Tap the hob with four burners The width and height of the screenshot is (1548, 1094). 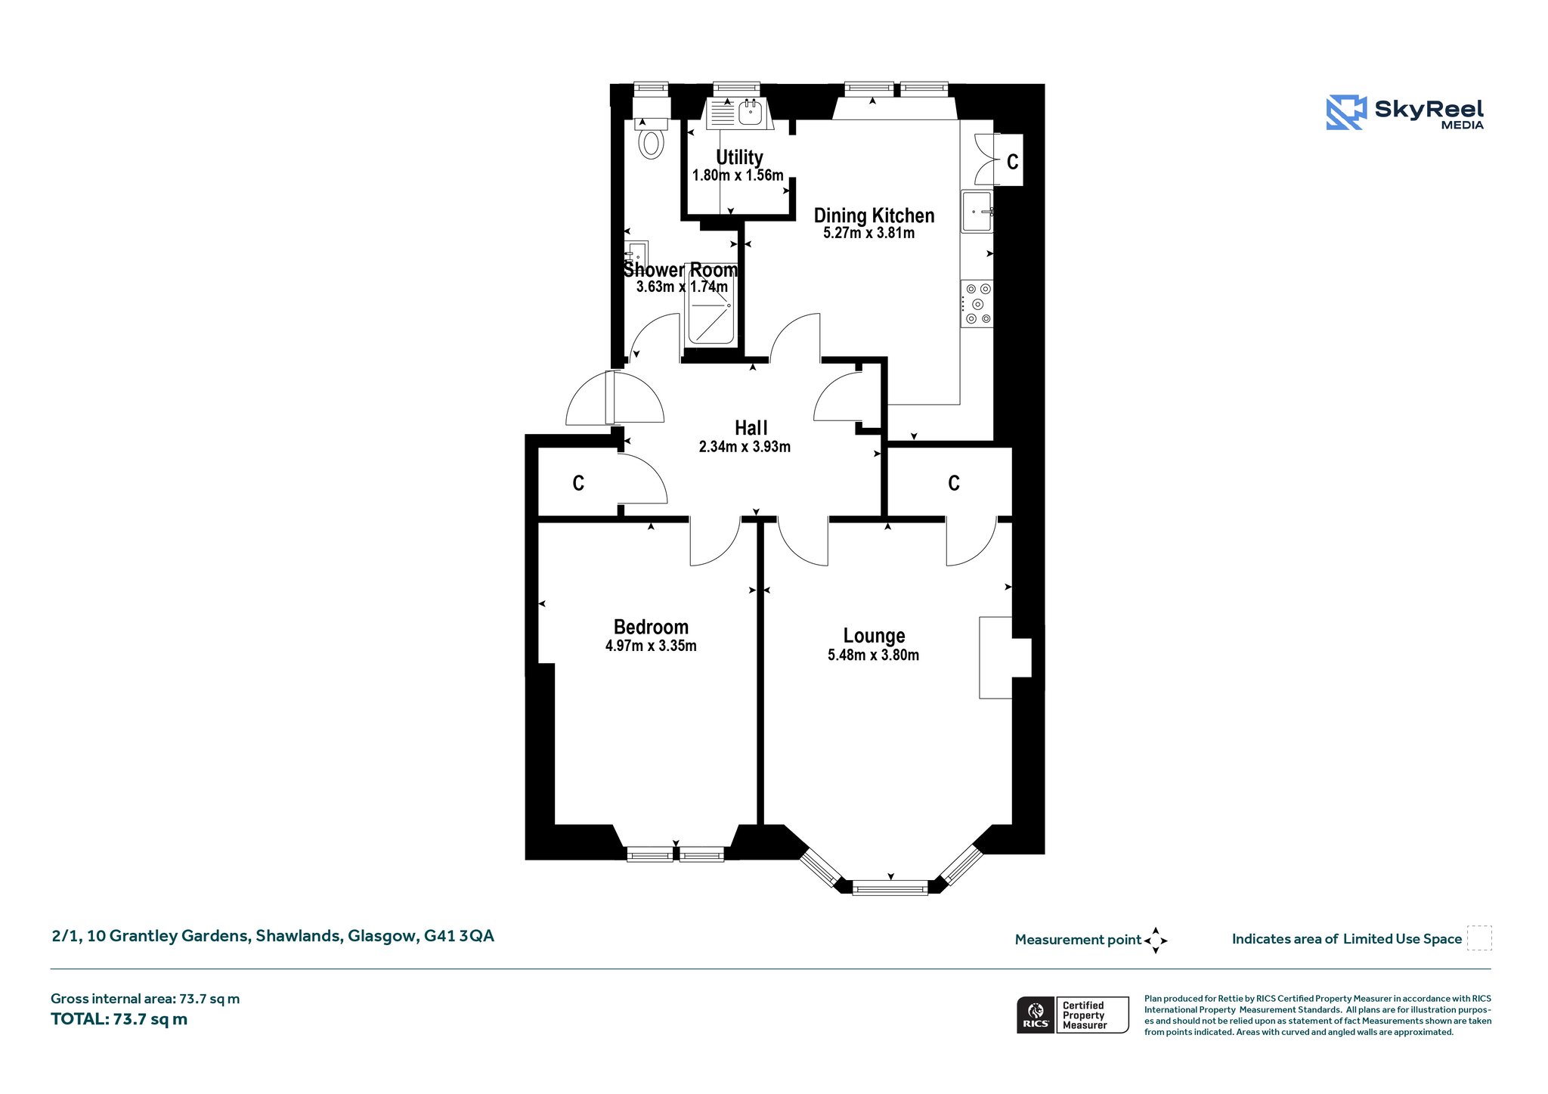click(x=977, y=303)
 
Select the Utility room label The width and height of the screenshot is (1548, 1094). click(x=739, y=157)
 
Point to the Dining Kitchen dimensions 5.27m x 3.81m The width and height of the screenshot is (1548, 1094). click(x=869, y=233)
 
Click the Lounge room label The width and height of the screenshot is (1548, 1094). click(x=874, y=636)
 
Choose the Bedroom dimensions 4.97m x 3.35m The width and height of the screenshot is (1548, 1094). click(x=651, y=646)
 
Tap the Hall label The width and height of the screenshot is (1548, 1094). click(x=751, y=428)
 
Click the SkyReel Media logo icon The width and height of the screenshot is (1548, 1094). click(x=1346, y=113)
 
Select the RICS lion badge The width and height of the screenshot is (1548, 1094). click(x=1036, y=1015)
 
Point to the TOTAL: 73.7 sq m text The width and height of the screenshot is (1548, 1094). click(x=119, y=1019)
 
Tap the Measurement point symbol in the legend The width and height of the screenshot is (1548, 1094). click(x=1156, y=941)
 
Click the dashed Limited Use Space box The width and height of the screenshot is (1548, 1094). click(x=1479, y=938)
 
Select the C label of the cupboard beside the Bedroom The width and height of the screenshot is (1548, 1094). click(x=578, y=483)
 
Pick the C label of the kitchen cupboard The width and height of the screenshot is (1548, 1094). click(x=1013, y=161)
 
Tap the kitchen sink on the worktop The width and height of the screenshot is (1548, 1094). click(x=977, y=212)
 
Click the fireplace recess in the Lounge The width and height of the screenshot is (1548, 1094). click(x=1005, y=658)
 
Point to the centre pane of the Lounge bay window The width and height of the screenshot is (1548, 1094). click(x=890, y=888)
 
